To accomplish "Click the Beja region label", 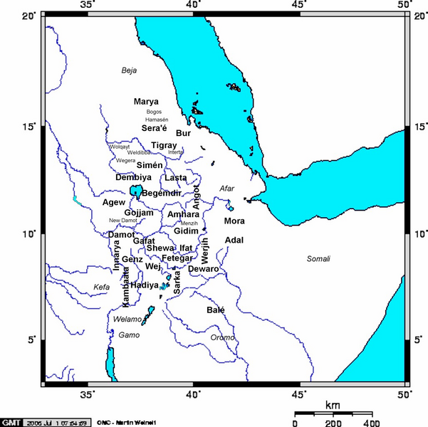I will pos(128,70).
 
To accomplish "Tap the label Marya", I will pos(146,102).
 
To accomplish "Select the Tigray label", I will pos(164,145).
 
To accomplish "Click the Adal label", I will pos(234,241).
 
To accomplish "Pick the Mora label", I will pos(234,221).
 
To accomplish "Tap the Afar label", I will pos(226,189).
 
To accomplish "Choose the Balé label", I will pos(215,310).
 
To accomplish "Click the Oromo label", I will pos(222,337).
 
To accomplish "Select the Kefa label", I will pos(102,287).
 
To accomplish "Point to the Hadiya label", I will pos(144,285).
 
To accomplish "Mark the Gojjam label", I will pos(139,213).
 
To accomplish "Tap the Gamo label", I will pos(128,334).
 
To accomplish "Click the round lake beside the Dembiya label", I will pos(135,190).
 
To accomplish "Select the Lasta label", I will pos(176,177).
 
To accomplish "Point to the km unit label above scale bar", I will pos(333,405).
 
